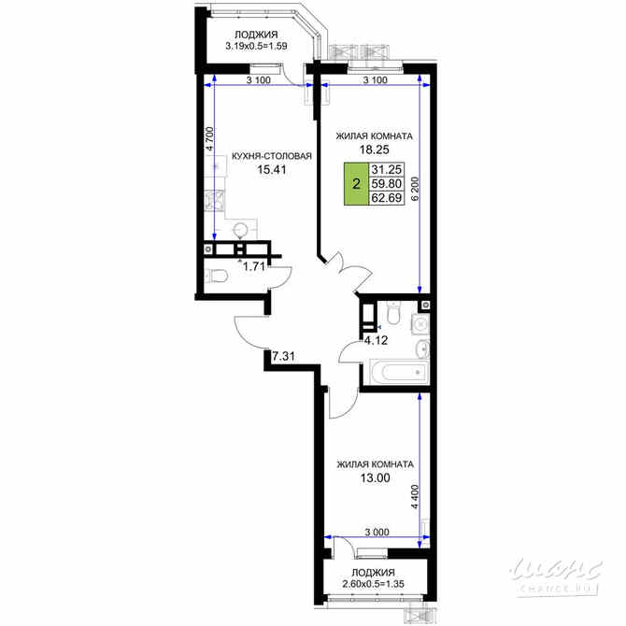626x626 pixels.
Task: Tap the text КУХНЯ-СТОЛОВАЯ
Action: click(271, 157)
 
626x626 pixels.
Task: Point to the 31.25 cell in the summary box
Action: click(386, 170)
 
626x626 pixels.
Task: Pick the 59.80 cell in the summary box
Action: click(386, 185)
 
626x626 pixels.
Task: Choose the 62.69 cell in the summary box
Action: click(386, 199)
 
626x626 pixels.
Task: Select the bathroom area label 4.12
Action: click(377, 340)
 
